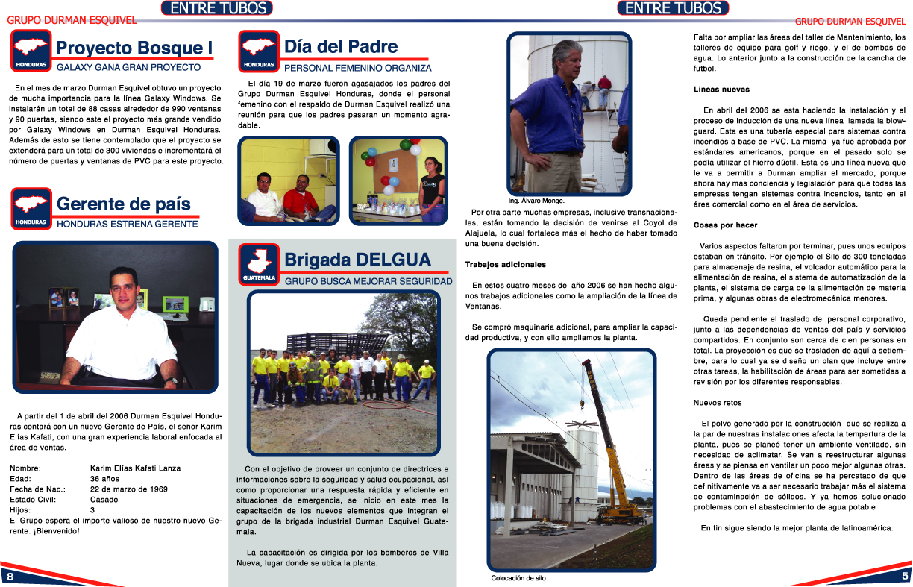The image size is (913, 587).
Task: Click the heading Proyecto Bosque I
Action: tap(134, 48)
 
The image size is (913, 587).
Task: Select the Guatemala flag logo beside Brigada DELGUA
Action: tap(259, 264)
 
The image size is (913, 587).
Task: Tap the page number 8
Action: tap(10, 577)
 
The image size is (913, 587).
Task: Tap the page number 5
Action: tap(904, 576)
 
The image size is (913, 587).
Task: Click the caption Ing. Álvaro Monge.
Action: tap(536, 201)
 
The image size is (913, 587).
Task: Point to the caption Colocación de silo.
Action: tap(524, 578)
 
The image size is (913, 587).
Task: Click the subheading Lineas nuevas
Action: tap(721, 90)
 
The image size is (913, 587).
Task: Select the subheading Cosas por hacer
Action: tap(725, 225)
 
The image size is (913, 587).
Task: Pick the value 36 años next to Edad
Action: tap(104, 478)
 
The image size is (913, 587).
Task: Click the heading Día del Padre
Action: tap(341, 47)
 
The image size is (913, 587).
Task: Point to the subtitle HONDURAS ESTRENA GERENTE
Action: tap(127, 224)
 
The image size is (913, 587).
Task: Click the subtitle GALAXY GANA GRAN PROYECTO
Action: tap(128, 67)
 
